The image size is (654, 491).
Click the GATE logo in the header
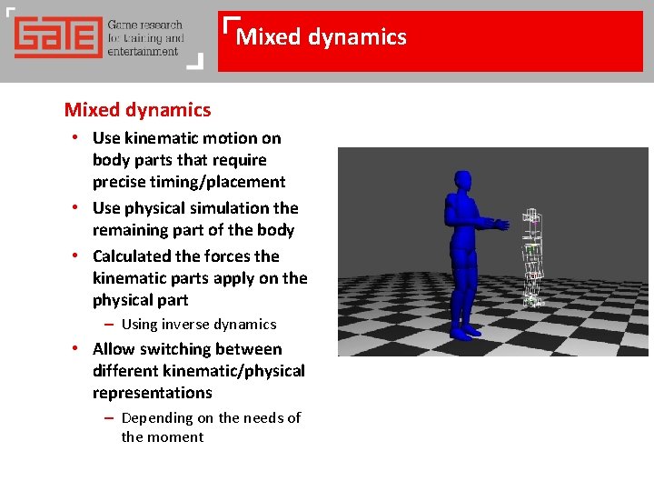[56, 38]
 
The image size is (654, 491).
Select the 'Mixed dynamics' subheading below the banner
[137, 110]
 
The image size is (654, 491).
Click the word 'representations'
[152, 393]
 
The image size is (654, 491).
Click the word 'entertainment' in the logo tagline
[143, 52]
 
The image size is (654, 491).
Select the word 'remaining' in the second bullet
[129, 230]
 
